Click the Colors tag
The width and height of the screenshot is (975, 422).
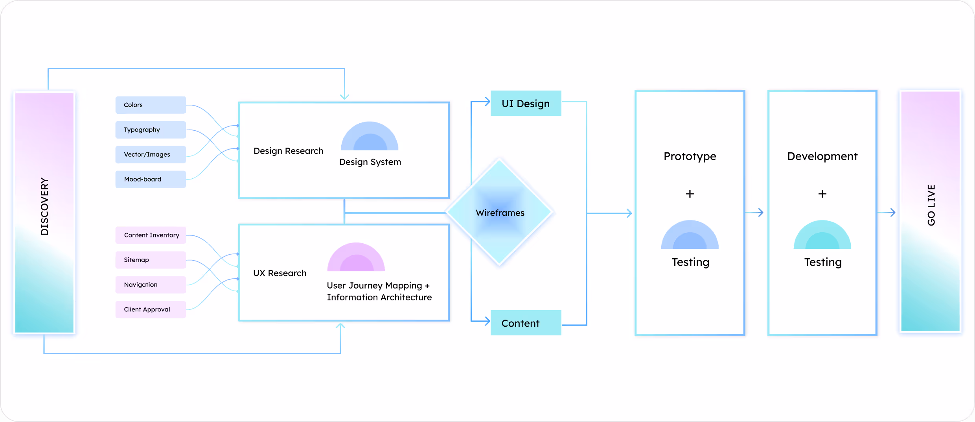(x=151, y=105)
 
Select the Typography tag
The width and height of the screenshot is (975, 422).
(x=151, y=130)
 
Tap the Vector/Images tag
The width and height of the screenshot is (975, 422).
(x=151, y=155)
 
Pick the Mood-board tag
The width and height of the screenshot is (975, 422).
(x=151, y=180)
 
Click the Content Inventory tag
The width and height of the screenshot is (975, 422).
(x=151, y=235)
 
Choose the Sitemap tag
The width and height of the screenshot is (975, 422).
(x=151, y=260)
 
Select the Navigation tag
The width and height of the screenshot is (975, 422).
(x=151, y=285)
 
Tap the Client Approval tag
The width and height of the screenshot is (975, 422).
(x=151, y=310)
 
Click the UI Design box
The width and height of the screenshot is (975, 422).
(x=526, y=104)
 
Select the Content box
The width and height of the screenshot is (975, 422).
(x=526, y=323)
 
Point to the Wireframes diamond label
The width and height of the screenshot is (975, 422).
(x=500, y=213)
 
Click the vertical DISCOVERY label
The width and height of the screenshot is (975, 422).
(x=45, y=206)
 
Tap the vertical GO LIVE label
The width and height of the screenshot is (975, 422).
(x=931, y=205)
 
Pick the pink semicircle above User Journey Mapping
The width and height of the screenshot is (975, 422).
(x=356, y=257)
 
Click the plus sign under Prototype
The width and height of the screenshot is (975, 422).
(x=690, y=194)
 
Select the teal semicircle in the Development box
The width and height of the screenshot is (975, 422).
(x=822, y=235)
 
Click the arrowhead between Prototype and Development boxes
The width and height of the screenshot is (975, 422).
(x=760, y=213)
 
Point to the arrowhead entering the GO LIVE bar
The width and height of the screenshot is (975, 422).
(x=893, y=213)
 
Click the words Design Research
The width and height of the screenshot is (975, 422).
(x=288, y=151)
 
